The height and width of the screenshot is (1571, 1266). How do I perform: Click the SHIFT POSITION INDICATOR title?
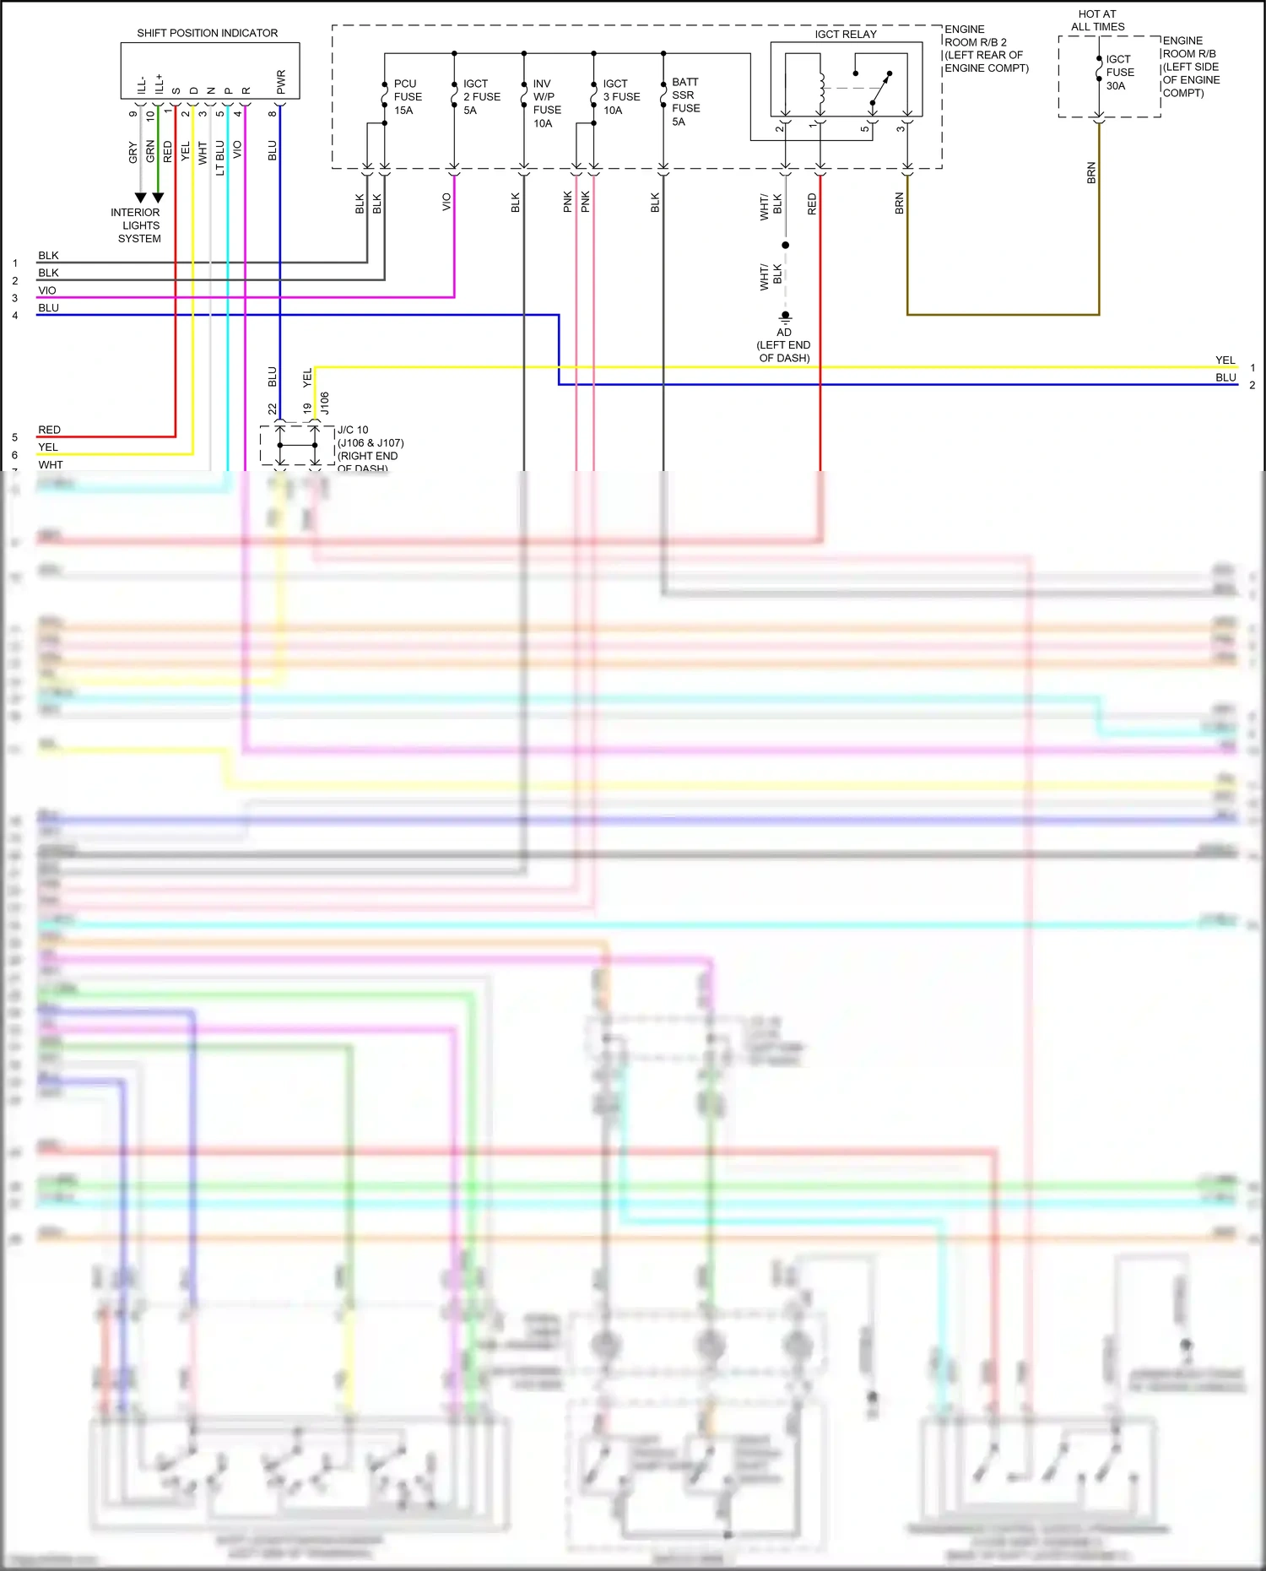tap(207, 33)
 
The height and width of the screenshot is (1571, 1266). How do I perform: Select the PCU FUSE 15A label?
tap(408, 97)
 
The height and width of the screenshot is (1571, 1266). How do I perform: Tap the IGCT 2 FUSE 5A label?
tap(481, 97)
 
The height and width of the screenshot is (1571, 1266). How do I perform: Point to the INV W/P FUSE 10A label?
tap(547, 103)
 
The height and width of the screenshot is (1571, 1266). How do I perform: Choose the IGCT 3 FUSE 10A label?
tap(621, 97)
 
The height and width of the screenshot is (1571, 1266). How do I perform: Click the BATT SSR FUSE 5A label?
tap(685, 101)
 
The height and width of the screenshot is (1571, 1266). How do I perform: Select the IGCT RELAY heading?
tap(845, 34)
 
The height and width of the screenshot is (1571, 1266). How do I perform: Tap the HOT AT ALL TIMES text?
tap(1097, 20)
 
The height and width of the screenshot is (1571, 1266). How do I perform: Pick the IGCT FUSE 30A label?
tap(1120, 73)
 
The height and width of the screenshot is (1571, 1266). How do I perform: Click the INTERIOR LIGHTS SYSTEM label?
tap(138, 225)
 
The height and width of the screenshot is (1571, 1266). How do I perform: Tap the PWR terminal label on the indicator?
tap(281, 82)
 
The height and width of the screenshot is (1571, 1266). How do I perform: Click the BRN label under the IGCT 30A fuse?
tap(1091, 173)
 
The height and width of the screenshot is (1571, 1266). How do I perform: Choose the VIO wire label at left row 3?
tap(47, 290)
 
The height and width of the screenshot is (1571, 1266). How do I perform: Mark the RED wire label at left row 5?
tap(49, 430)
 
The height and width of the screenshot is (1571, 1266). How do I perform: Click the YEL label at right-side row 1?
tap(1225, 360)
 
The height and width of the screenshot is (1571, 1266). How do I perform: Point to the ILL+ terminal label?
tap(159, 83)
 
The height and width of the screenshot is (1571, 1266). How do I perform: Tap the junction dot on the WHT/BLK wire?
tap(785, 245)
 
